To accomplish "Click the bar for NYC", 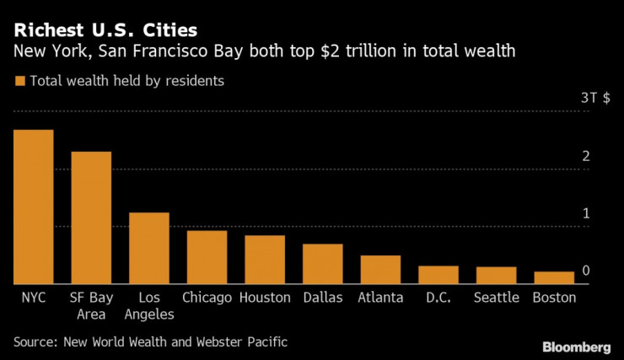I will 34,207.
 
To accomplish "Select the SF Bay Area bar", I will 91,218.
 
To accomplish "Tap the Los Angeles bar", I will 149,249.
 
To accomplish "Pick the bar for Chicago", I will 207,257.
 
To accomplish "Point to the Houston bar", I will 265,260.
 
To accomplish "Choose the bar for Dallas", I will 323,264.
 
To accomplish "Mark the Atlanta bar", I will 380,270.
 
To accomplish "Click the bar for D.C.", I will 438,275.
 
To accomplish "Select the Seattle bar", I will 496,276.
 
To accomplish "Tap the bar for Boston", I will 554,277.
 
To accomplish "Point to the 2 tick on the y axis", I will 585,156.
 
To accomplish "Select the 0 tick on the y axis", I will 585,271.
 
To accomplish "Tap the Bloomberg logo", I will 576,347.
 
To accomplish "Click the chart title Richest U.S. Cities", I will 105,31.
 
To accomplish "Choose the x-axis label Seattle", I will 496,298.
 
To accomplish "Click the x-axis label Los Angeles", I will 149,306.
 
